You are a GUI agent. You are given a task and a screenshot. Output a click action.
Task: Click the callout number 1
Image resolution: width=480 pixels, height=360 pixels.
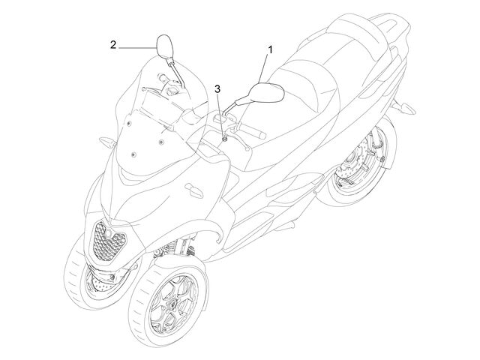tap(270, 49)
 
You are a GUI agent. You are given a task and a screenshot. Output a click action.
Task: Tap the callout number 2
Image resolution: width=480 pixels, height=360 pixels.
tap(113, 45)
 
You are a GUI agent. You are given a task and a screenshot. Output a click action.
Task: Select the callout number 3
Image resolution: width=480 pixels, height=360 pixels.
tap(217, 89)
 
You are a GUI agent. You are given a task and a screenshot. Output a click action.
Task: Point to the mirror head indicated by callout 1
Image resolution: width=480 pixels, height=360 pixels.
tap(266, 92)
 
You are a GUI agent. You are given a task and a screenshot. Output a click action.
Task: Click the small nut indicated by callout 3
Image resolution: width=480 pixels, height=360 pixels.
tap(225, 139)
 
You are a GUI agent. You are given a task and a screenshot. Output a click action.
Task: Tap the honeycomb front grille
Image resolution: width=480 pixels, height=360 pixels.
tap(107, 241)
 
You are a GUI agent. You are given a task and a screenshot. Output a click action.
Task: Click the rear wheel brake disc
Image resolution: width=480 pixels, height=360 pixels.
tap(355, 166)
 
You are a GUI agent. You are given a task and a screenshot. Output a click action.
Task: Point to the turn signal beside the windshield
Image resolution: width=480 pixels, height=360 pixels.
tap(107, 142)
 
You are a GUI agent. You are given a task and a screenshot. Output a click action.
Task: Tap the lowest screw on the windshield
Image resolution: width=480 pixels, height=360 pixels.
tap(133, 154)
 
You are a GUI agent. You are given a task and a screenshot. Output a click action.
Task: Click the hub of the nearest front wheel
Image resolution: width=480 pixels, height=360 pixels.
tap(172, 304)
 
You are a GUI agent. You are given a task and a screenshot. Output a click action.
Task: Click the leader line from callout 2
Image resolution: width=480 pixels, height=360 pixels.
tap(137, 48)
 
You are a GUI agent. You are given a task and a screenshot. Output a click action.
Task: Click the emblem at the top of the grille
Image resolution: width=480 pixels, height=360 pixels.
tap(109, 233)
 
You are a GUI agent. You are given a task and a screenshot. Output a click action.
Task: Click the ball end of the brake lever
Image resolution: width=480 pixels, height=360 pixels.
tap(247, 149)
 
